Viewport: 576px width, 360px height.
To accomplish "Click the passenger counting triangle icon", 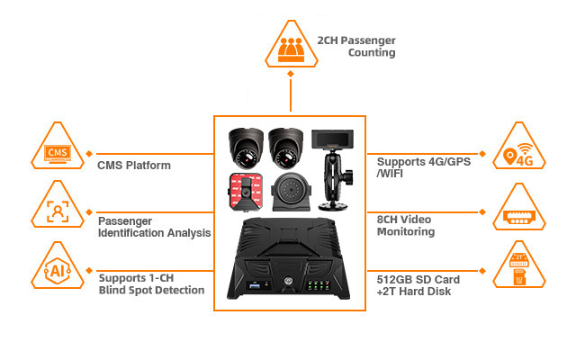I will pyautogui.click(x=290, y=47).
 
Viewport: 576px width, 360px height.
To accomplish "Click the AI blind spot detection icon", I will pyautogui.click(x=58, y=267).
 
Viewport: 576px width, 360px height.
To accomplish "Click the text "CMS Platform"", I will pyautogui.click(x=134, y=166).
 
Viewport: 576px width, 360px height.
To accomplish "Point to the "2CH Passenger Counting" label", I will pyautogui.click(x=356, y=47).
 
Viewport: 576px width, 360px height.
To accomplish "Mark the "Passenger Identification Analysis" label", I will pyautogui.click(x=154, y=225).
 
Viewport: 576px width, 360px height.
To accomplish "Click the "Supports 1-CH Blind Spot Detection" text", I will pyautogui.click(x=150, y=283).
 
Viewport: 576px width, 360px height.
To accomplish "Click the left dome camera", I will pyautogui.click(x=245, y=144).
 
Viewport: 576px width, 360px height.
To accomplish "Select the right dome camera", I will pyautogui.click(x=289, y=144).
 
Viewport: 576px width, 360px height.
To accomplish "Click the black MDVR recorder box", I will pyautogui.click(x=289, y=261).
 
